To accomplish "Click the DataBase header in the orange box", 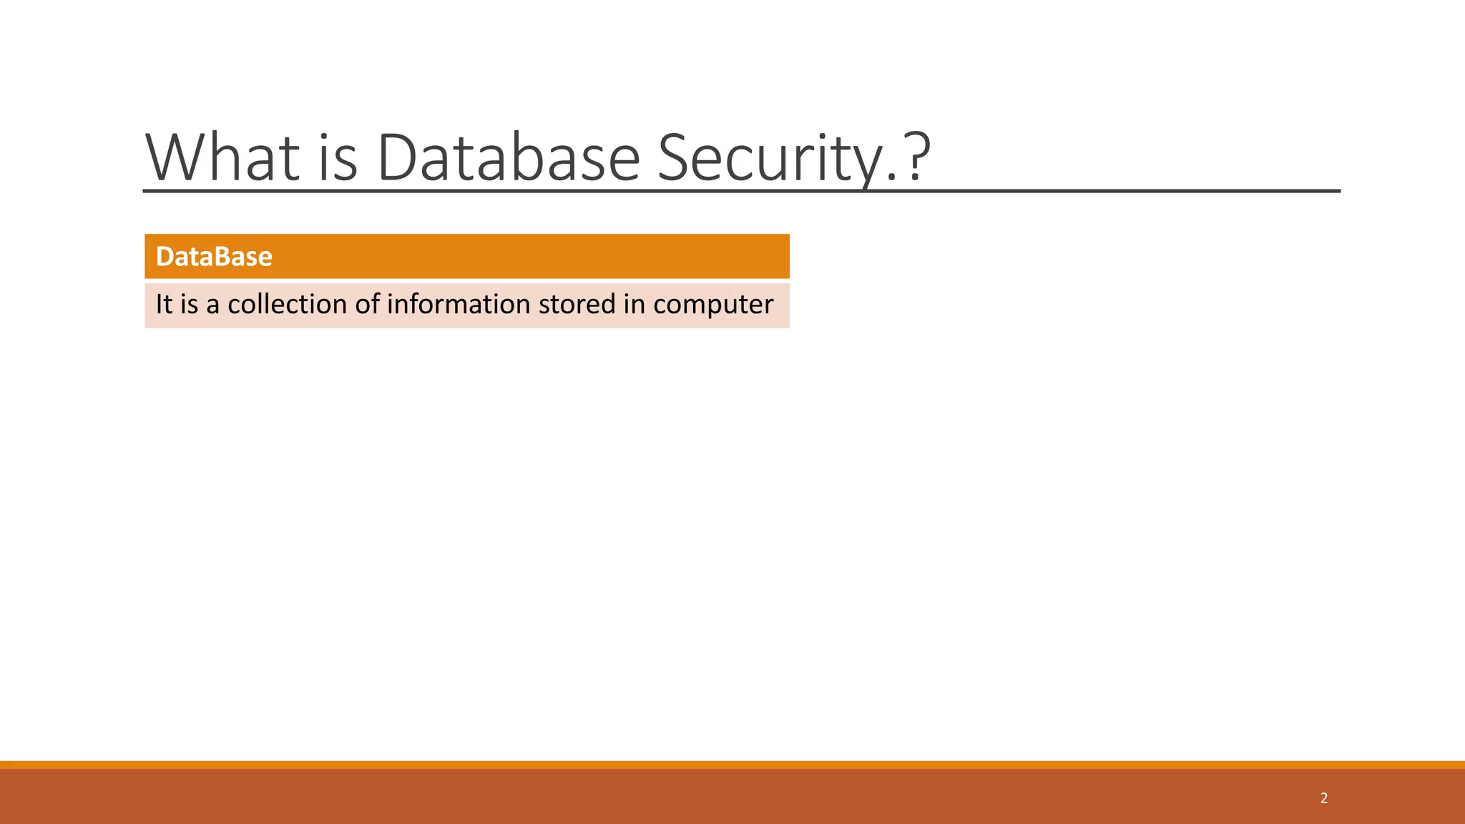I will pyautogui.click(x=214, y=256).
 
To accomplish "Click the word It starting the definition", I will pyautogui.click(x=164, y=305).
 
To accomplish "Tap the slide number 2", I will pyautogui.click(x=1324, y=798).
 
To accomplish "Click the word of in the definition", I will pyautogui.click(x=367, y=305).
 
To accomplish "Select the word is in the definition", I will pyautogui.click(x=189, y=305).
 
